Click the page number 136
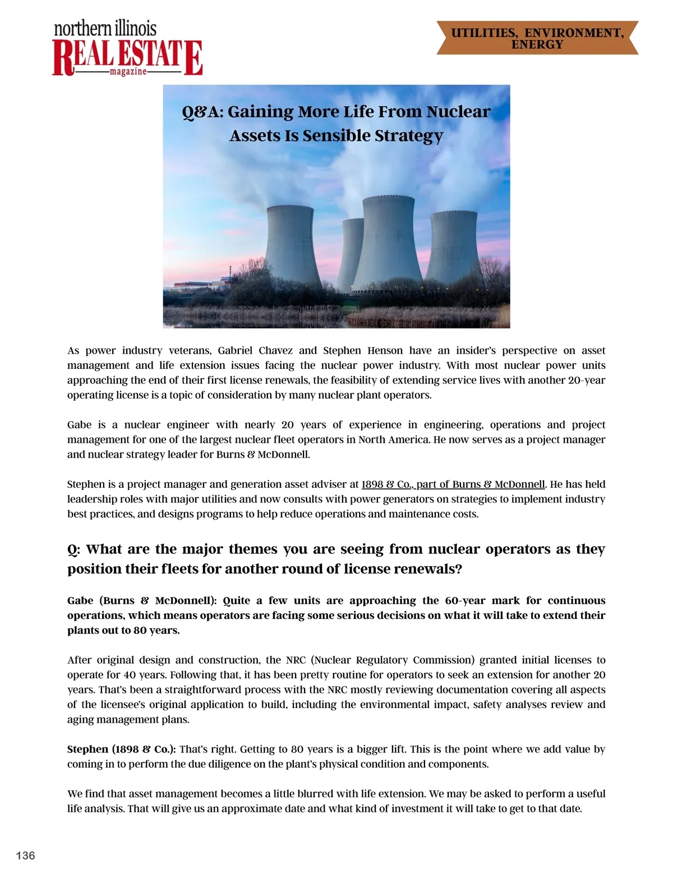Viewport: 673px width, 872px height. click(25, 855)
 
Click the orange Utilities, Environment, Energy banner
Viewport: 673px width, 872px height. click(537, 38)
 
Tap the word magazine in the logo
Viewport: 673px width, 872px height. click(128, 72)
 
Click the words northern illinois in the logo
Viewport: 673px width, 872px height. click(105, 29)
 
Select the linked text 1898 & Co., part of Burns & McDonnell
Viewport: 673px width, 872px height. click(453, 484)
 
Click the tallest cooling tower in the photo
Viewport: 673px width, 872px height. click(388, 241)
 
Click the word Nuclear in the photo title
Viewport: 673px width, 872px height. click(458, 112)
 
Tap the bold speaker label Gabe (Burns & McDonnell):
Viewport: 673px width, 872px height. click(141, 600)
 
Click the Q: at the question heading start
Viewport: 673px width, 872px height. click(73, 549)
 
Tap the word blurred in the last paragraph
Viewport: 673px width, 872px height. click(305, 793)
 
